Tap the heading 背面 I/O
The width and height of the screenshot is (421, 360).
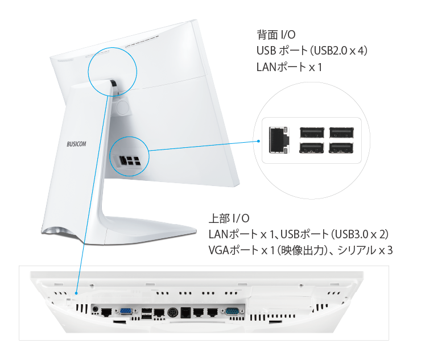[276, 35]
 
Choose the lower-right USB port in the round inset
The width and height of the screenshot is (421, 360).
[341, 147]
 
